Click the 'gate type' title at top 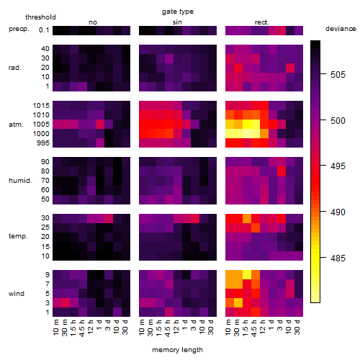178,12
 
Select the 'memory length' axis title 177,350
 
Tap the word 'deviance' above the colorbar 341,29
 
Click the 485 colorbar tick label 338,258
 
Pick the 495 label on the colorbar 338,166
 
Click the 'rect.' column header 262,22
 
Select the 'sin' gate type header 177,22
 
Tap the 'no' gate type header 93,22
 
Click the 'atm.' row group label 16,125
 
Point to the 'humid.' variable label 20,181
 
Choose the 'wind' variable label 17,294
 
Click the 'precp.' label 19,29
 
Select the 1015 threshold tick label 41,106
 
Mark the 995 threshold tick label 43,143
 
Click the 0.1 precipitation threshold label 44,30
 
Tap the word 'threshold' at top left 40,17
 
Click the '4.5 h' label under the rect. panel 253,328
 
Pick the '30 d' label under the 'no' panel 125,327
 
